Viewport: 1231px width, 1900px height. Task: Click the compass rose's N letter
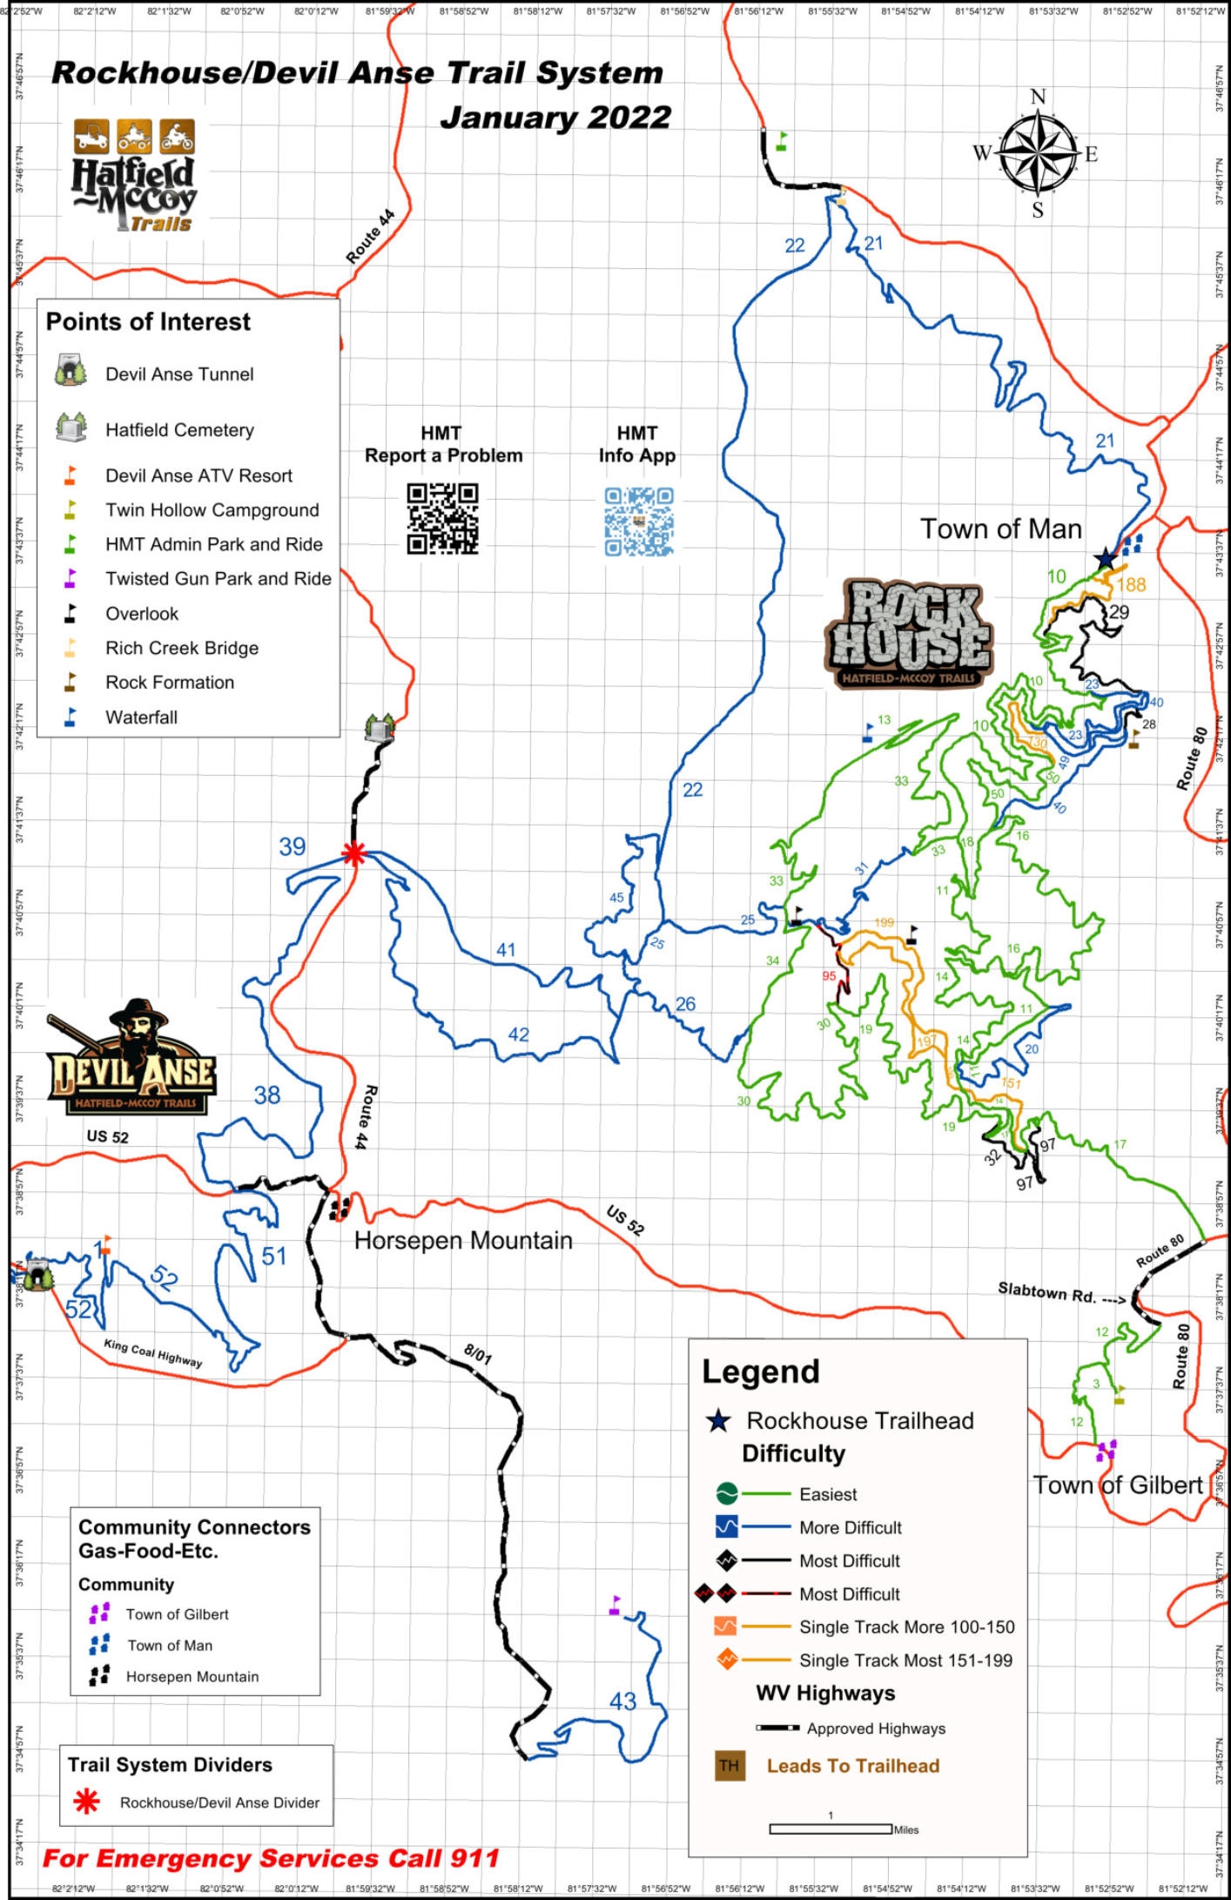coord(1037,97)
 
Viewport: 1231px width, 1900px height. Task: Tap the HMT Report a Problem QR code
coord(442,519)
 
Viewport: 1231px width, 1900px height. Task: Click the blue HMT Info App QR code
coord(639,521)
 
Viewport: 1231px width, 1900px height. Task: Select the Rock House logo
coord(909,634)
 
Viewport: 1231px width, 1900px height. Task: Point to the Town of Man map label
coord(1001,529)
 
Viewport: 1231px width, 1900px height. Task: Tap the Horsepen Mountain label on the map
coord(463,1240)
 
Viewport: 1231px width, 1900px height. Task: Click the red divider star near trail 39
coord(353,853)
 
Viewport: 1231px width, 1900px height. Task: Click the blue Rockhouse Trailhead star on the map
coord(1105,558)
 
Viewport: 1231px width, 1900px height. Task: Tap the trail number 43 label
coord(622,1701)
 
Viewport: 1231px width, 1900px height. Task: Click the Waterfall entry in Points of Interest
coord(141,718)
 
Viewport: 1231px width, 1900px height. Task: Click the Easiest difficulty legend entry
coord(828,1494)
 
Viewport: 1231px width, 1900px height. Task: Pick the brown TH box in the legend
coord(729,1765)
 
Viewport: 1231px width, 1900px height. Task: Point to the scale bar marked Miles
coord(830,1829)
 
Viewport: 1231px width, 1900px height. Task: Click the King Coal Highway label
coord(153,1353)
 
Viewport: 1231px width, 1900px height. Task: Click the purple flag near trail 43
coord(615,1605)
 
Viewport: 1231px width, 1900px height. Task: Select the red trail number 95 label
coord(829,976)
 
